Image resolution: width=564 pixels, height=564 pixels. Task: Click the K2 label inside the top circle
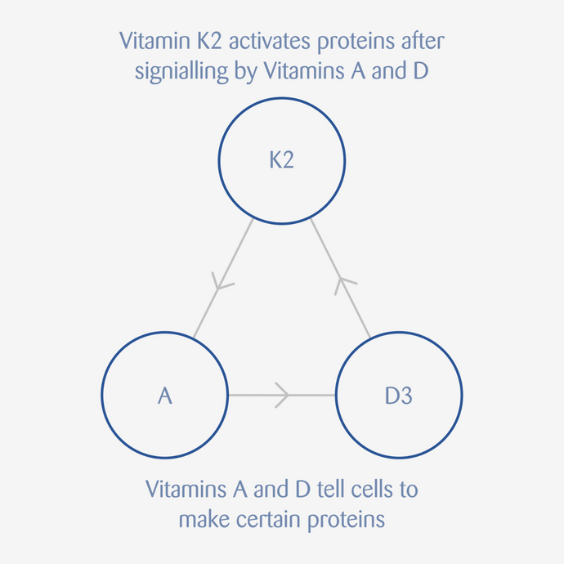tap(282, 160)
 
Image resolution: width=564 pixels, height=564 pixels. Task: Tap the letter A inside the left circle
tap(165, 396)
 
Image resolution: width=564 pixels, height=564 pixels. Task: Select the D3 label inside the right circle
tap(399, 396)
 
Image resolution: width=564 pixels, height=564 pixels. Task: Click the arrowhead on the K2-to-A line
tap(221, 282)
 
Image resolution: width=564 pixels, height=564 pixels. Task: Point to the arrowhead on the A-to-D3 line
tap(282, 395)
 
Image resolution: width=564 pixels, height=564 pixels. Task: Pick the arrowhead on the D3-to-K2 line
tap(344, 285)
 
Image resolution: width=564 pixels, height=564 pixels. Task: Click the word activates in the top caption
tap(270, 41)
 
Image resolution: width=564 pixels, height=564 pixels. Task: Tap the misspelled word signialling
tap(181, 72)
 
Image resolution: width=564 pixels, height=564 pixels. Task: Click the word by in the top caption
tap(246, 72)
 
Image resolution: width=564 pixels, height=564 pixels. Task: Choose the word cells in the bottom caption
tap(372, 489)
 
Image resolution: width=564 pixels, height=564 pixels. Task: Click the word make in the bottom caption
tap(204, 519)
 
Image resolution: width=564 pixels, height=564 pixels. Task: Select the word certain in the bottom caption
tap(269, 519)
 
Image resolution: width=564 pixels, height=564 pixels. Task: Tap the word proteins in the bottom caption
tap(347, 521)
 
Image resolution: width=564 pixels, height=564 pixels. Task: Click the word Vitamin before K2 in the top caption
tap(155, 41)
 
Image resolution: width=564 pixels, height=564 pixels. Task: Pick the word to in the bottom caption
tap(408, 490)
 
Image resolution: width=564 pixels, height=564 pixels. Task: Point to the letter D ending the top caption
tap(421, 70)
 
